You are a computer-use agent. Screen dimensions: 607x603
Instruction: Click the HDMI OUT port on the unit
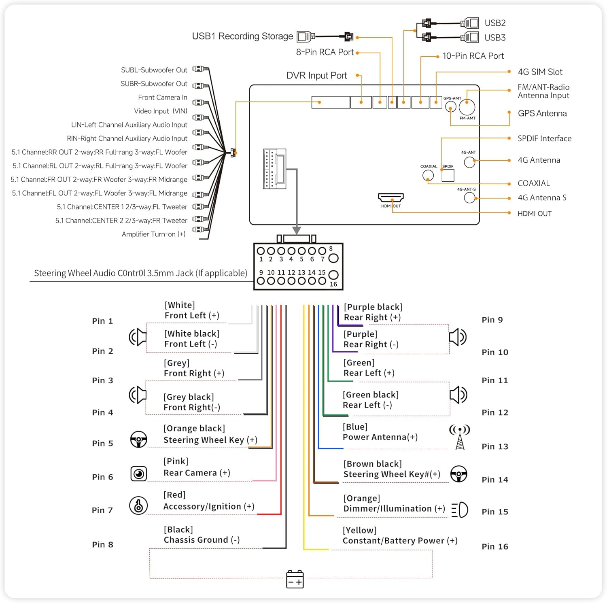(x=391, y=197)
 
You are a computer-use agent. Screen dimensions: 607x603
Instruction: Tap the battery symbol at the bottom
(x=295, y=579)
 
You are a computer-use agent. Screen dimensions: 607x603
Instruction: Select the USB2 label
(x=495, y=23)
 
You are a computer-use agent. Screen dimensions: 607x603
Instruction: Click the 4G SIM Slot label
(x=540, y=72)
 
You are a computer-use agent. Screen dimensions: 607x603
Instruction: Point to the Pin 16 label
(x=495, y=546)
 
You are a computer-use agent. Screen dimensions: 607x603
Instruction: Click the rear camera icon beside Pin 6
(x=139, y=473)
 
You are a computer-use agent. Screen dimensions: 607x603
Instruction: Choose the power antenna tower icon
(x=460, y=437)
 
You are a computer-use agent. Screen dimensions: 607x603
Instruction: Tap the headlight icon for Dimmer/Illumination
(x=460, y=510)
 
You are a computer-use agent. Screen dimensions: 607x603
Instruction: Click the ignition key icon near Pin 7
(x=138, y=505)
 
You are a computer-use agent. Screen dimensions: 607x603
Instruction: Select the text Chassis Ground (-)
(x=202, y=540)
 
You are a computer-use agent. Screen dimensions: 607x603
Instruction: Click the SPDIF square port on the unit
(x=448, y=175)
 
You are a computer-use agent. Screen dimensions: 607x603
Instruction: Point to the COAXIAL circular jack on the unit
(x=428, y=175)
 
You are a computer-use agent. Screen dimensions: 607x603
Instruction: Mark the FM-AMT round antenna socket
(x=467, y=107)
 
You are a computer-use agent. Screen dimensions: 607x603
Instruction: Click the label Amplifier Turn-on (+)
(x=153, y=234)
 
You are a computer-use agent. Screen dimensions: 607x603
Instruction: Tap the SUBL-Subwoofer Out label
(x=154, y=70)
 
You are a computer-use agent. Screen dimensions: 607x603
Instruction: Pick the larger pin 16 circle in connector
(x=333, y=275)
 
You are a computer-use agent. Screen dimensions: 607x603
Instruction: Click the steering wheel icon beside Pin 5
(x=139, y=440)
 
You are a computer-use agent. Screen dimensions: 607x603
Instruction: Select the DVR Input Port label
(x=316, y=76)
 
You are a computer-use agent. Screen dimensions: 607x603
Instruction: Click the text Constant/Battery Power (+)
(x=400, y=541)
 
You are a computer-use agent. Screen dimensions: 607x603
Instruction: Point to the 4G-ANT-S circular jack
(x=469, y=197)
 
